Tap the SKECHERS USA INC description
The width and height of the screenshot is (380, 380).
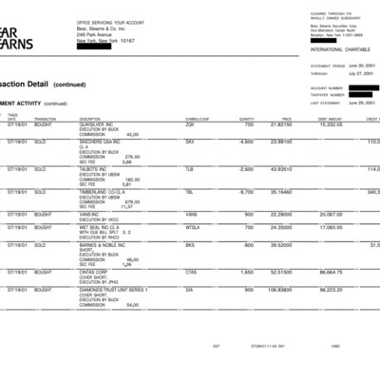coord(99,142)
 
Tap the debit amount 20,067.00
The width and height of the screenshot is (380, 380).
coord(330,214)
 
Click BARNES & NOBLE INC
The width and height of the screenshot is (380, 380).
coord(103,244)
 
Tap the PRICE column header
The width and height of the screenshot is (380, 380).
coord(286,118)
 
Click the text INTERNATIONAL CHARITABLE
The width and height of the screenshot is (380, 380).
coord(334,47)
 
